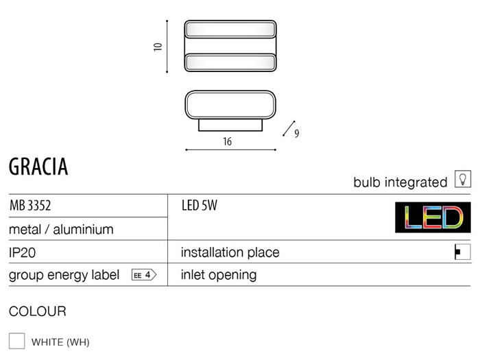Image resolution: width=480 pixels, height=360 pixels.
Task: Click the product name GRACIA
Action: tap(38, 167)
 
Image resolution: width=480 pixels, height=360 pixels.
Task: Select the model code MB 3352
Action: tap(30, 206)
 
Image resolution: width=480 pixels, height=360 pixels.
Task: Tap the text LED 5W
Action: tap(200, 206)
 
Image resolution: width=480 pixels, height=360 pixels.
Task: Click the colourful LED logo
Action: tap(433, 217)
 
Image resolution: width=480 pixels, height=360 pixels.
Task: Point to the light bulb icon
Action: tap(463, 179)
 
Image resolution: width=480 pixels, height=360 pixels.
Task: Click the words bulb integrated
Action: tap(400, 182)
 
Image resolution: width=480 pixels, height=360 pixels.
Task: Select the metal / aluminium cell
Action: tap(61, 229)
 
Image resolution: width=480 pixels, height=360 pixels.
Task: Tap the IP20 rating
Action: tap(23, 252)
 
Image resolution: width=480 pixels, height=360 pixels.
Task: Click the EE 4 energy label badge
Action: tap(144, 275)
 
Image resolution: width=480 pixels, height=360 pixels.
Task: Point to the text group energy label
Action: tap(64, 275)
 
